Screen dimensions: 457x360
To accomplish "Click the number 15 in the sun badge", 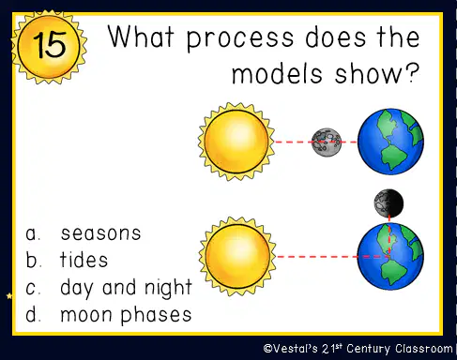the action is tap(50, 45).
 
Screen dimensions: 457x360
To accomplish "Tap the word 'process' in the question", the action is tap(240, 39).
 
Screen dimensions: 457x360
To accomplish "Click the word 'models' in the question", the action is tap(277, 73).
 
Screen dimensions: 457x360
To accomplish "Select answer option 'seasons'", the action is tap(100, 233).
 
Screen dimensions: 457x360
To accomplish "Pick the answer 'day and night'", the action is tap(126, 287).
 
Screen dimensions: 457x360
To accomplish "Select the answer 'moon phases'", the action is tap(126, 315).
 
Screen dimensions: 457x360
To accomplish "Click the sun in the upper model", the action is tap(236, 142).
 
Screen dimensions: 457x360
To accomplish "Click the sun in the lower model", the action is tap(237, 256).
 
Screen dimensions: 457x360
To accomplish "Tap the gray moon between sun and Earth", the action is tap(327, 142).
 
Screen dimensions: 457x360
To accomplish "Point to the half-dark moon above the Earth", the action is tap(388, 203).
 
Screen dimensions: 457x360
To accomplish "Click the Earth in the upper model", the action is tap(390, 142).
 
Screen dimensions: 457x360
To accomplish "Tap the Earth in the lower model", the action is tap(390, 257).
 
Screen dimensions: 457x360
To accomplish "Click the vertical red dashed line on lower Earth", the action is tap(389, 235).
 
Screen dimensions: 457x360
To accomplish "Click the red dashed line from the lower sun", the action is tap(332, 257).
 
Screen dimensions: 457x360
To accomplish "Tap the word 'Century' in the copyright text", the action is tap(368, 349).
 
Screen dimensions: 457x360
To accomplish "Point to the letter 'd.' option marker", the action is tap(33, 314).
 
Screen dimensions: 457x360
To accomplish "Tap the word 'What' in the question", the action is tap(141, 37).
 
